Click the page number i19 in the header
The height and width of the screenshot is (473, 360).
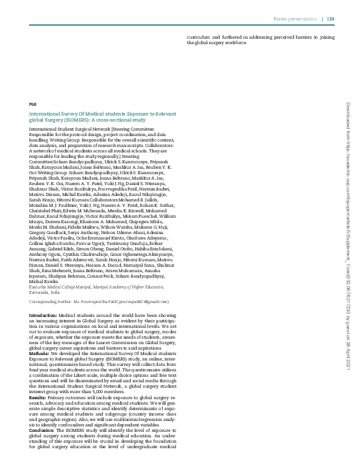pyautogui.click(x=331, y=19)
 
